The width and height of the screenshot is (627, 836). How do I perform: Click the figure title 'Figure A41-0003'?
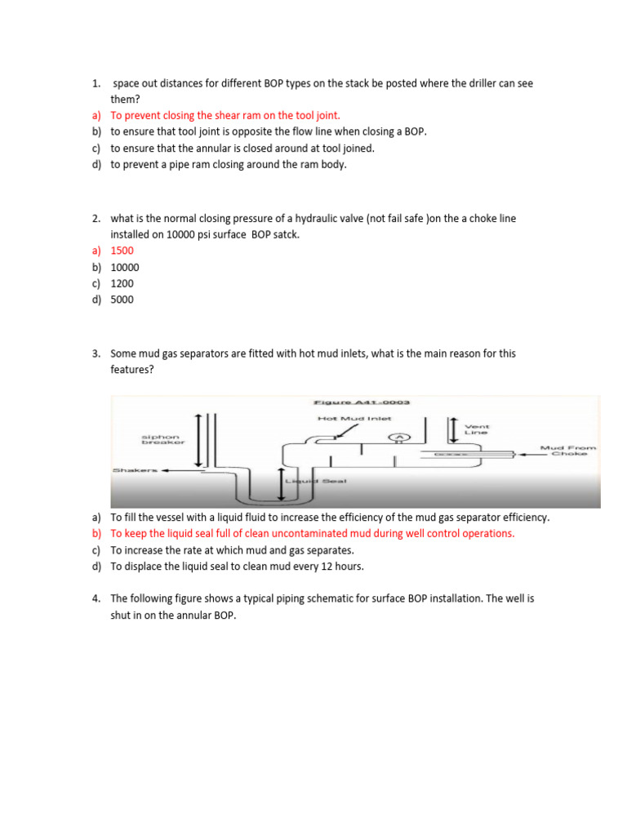coord(362,402)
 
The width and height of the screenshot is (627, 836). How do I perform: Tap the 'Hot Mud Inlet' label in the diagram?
coord(354,419)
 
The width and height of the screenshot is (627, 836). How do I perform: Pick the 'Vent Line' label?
coord(476,429)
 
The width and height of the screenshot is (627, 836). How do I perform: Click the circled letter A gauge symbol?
coord(399,438)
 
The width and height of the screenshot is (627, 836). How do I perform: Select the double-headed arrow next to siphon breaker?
coord(199,442)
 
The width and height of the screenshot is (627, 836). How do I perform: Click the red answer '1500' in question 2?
coord(122,251)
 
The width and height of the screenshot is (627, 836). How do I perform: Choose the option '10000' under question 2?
coord(125,267)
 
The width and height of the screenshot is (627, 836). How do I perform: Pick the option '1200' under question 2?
coord(122,283)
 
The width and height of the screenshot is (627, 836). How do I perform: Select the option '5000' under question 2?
coord(122,300)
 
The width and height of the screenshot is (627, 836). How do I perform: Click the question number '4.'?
coord(96,598)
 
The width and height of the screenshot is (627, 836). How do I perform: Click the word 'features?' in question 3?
coord(132,369)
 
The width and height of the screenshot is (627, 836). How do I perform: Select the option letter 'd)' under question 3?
coord(96,566)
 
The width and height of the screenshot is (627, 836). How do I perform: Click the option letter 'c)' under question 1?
coord(96,148)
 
